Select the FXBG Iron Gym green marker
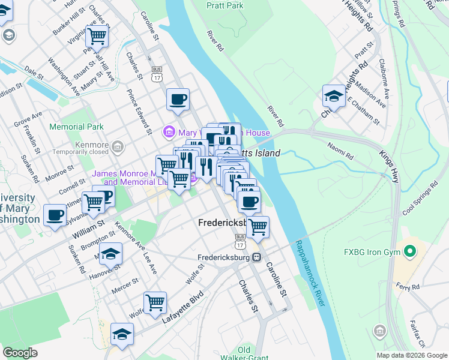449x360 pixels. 410,250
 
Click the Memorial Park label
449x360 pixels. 76,127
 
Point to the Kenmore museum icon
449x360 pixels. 118,146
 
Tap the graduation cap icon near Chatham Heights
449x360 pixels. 333,95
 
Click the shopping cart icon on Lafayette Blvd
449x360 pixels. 155,302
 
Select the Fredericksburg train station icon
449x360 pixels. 256,257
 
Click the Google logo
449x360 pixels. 20,353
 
